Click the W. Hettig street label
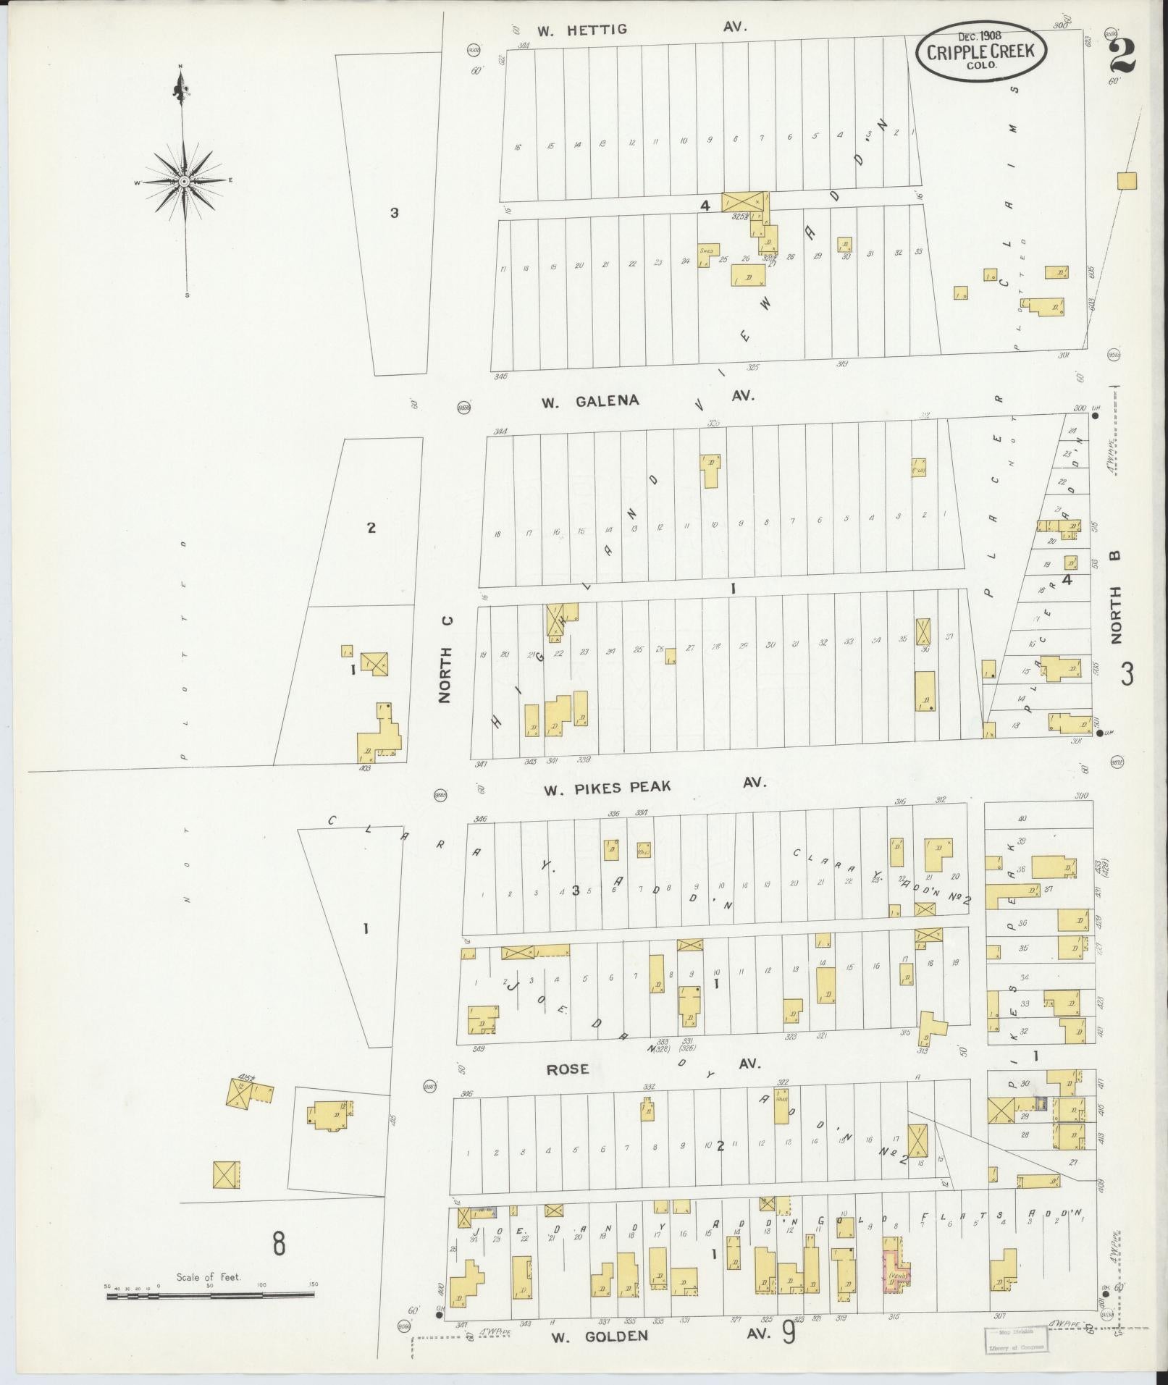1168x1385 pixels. click(581, 30)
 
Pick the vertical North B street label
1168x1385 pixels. click(1115, 596)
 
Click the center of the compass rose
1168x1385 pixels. click(185, 181)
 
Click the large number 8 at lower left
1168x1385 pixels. click(279, 1245)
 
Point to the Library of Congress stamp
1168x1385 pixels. click(1013, 1339)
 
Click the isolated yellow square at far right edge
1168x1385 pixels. click(1126, 181)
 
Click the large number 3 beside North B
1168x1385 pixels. click(1127, 675)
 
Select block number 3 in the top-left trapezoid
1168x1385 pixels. click(394, 213)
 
